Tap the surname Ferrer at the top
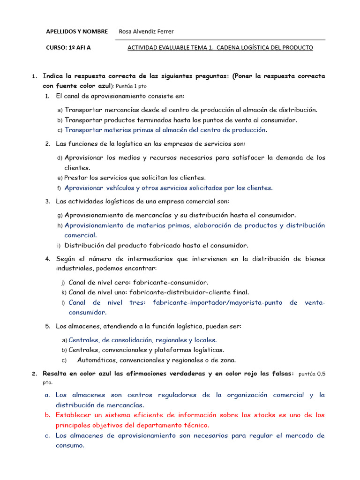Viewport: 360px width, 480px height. (x=163, y=31)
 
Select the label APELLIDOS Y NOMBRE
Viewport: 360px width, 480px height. (x=77, y=31)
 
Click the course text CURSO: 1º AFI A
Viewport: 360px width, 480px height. (x=68, y=47)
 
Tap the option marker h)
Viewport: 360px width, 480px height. (x=60, y=225)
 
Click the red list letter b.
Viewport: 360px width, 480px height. (x=47, y=415)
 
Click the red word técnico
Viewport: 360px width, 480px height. (x=197, y=425)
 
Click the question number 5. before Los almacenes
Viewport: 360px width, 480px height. (x=48, y=326)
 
